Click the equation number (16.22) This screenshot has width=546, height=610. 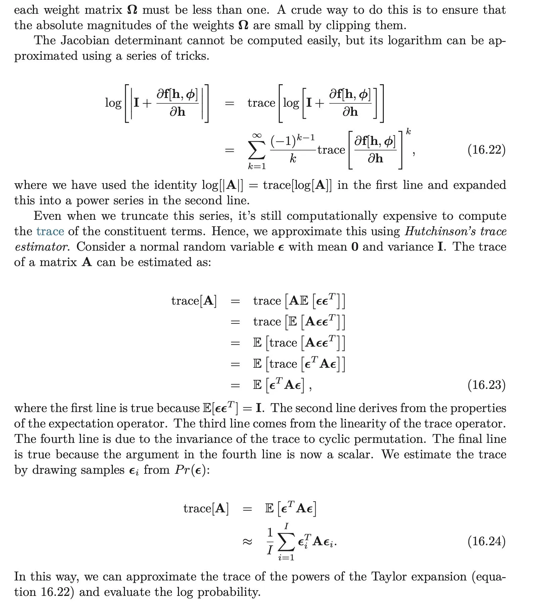pyautogui.click(x=486, y=150)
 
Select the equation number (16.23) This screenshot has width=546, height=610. pyautogui.click(x=486, y=385)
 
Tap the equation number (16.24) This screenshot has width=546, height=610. pyautogui.click(x=486, y=541)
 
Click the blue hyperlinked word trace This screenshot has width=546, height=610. pyautogui.click(x=50, y=231)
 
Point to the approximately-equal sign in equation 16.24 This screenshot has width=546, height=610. pyautogui.click(x=247, y=542)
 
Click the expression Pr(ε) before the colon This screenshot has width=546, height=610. pyautogui.click(x=190, y=470)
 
